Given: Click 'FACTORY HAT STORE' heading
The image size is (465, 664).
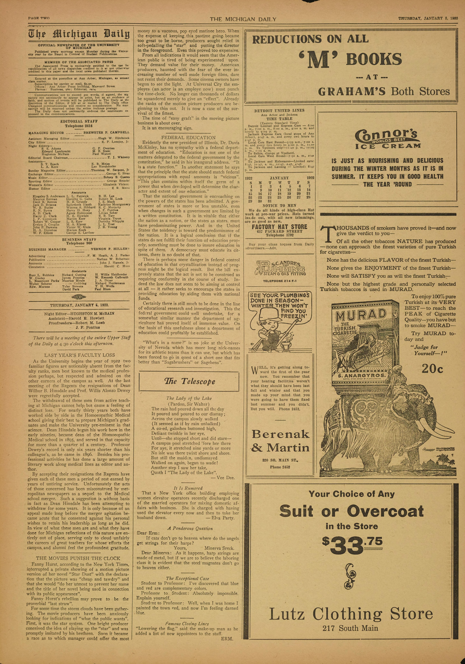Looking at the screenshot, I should point(279,227).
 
